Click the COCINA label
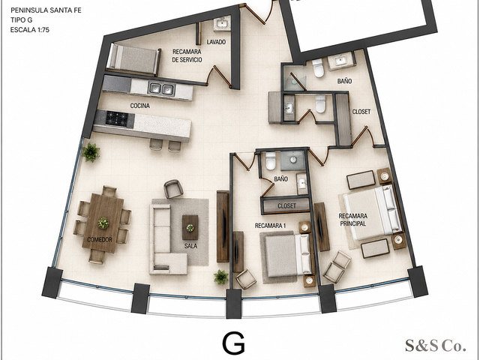tap(140, 106)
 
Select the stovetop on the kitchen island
tap(116, 118)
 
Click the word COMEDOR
tap(100, 240)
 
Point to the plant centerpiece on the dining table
tap(103, 223)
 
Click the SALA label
tap(190, 246)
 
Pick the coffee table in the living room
tap(190, 227)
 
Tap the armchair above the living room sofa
tap(173, 188)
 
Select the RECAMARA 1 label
tap(270, 226)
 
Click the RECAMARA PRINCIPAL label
tap(353, 220)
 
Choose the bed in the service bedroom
tap(133, 60)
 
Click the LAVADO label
tap(216, 42)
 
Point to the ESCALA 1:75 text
tap(30, 30)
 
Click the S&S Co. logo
tap(436, 345)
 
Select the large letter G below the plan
tap(233, 343)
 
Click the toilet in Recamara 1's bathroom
tap(271, 160)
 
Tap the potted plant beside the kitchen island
tap(91, 152)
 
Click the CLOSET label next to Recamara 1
tap(286, 206)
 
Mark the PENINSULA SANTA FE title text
tap(46, 10)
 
